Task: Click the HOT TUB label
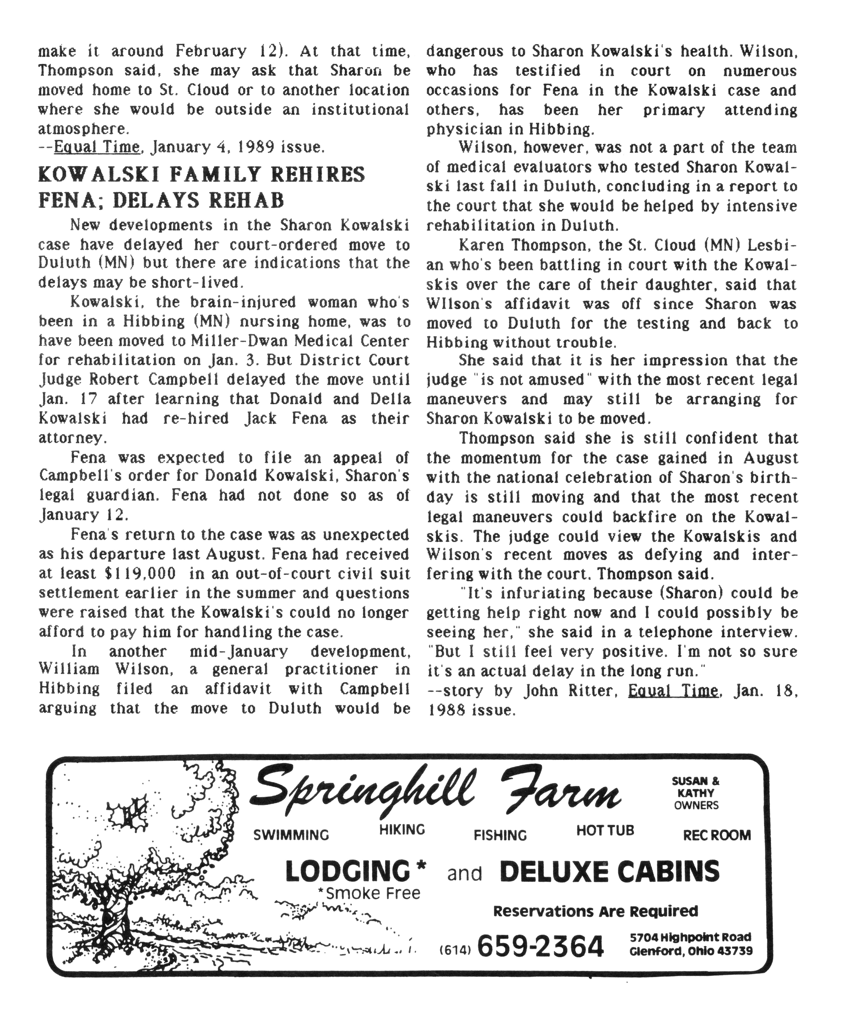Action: pos(605,830)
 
